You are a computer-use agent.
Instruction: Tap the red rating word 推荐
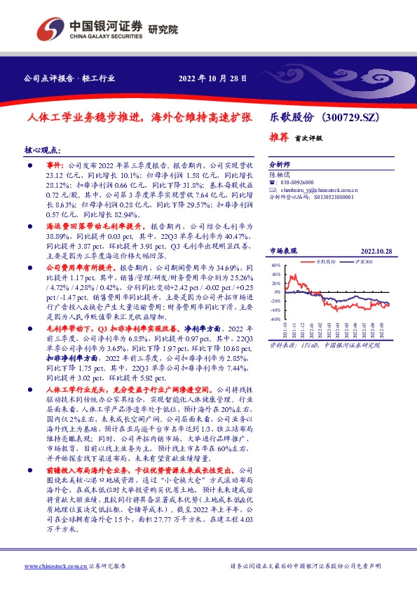pyautogui.click(x=279, y=137)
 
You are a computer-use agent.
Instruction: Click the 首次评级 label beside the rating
pyautogui.click(x=308, y=139)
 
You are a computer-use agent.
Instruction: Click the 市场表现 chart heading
pyautogui.click(x=283, y=250)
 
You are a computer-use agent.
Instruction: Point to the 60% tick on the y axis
pyautogui.click(x=276, y=266)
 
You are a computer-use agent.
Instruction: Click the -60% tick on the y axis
pyautogui.click(x=275, y=318)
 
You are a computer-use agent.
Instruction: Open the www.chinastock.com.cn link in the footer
pyautogui.click(x=55, y=565)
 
